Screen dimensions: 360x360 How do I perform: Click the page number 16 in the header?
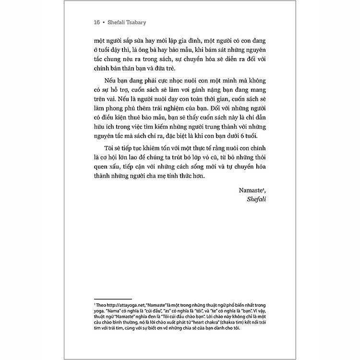(97, 22)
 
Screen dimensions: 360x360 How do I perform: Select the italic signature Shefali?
(255, 199)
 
